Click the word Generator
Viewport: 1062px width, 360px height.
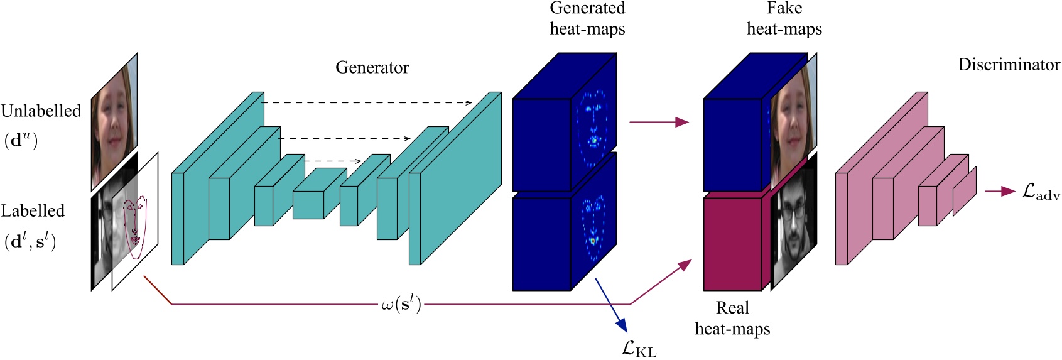[372, 67]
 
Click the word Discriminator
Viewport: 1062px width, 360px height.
[1009, 65]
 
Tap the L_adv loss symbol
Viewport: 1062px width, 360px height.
[1041, 192]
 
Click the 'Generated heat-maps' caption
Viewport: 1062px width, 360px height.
[587, 18]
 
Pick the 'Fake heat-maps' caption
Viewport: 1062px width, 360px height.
[784, 18]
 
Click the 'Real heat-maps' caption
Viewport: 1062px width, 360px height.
[732, 318]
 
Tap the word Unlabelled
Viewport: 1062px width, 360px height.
[41, 111]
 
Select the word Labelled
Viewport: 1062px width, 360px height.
[33, 211]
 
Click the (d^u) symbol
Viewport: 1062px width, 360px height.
[21, 140]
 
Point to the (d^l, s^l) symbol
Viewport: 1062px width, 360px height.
[30, 242]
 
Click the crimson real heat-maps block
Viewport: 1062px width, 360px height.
[732, 244]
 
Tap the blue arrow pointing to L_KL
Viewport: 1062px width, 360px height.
[610, 305]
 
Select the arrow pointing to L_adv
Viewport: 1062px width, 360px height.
[999, 191]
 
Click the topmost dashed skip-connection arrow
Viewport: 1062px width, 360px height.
[367, 102]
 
